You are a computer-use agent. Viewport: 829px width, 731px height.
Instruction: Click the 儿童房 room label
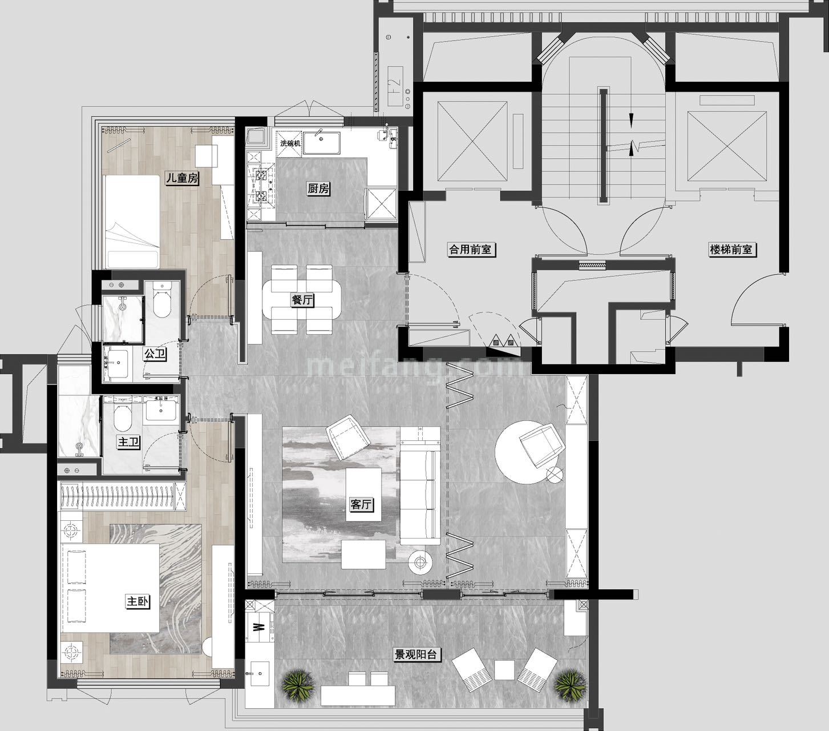182,178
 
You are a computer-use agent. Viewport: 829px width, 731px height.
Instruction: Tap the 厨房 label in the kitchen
318,189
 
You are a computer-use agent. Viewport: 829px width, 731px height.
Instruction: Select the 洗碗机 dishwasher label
290,143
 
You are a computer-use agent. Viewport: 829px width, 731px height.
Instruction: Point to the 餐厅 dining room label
302,300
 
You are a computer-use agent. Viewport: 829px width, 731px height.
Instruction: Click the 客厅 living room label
361,504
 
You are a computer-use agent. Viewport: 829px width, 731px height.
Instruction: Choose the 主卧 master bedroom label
138,601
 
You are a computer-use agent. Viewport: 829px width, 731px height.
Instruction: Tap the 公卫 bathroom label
155,354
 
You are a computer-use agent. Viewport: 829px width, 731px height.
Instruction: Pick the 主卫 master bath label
129,442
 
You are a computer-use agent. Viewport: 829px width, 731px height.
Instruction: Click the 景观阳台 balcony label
416,654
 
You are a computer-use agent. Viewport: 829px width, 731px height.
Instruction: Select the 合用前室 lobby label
470,249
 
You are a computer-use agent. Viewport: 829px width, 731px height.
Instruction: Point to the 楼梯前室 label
731,249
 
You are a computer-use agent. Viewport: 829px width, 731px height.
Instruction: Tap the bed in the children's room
131,222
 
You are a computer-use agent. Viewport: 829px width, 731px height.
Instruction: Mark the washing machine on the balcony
259,626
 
